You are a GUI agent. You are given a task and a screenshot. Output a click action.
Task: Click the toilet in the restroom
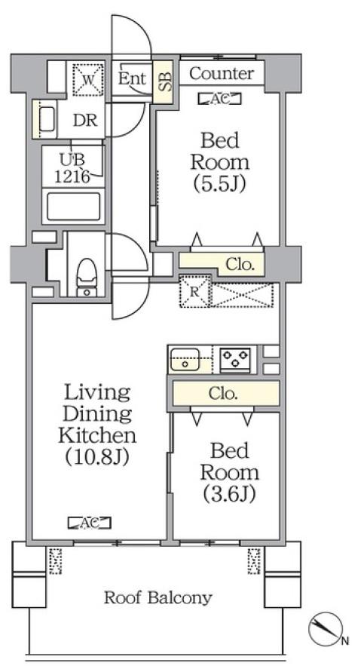pos(87,278)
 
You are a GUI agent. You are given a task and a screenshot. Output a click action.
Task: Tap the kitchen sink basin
pos(185,360)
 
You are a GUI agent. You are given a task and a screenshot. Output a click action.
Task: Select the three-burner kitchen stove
pos(235,360)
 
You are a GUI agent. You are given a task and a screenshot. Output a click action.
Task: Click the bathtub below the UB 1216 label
pos(74,207)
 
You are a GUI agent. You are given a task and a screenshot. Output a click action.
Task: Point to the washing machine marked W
pos(88,78)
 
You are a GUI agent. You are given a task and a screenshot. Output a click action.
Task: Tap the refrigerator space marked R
pos(194,291)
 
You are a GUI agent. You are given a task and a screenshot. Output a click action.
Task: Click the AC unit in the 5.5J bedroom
pos(220,99)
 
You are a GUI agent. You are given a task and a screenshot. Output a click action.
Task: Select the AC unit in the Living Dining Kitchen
pos(90,522)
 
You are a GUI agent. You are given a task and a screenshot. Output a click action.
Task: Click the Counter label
pos(222,73)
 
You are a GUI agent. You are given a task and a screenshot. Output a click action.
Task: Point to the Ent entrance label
pos(132,78)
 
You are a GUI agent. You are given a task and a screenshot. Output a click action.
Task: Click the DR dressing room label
pos(85,121)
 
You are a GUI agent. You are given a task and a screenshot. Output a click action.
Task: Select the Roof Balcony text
pos(158,597)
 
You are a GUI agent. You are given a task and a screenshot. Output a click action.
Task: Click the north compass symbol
pos(326,632)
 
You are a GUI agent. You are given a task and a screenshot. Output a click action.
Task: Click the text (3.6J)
pos(230,494)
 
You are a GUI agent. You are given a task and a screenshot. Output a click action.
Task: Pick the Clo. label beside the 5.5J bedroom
pos(240,265)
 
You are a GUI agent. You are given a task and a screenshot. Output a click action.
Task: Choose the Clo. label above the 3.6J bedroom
pos(223,394)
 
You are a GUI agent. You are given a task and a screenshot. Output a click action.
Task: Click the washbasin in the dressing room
pos(47,119)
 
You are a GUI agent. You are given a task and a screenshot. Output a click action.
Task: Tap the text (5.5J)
pos(220,183)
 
